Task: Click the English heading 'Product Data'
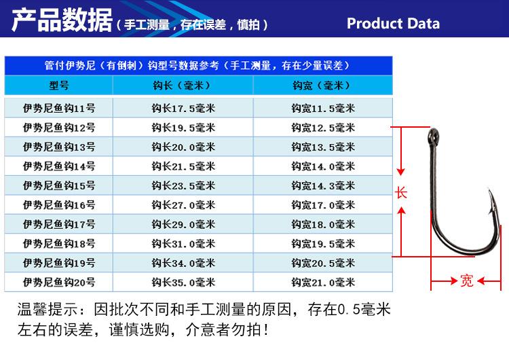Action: (393, 23)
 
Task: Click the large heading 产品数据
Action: (62, 20)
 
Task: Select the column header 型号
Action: (59, 86)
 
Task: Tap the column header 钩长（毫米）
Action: (183, 86)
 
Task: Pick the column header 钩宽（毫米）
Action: (322, 86)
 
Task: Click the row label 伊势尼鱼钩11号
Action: (59, 108)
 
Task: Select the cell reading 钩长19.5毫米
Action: (183, 128)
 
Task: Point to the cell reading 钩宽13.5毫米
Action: (323, 147)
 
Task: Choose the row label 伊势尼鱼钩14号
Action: (59, 166)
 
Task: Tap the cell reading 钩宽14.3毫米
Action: (323, 185)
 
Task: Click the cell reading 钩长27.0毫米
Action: (183, 205)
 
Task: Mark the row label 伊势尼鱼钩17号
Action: (59, 224)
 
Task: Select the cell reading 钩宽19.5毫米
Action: (323, 244)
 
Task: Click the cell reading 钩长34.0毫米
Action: (183, 263)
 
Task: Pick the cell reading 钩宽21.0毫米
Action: (323, 283)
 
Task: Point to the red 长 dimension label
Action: (401, 193)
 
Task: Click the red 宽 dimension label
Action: (467, 281)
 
